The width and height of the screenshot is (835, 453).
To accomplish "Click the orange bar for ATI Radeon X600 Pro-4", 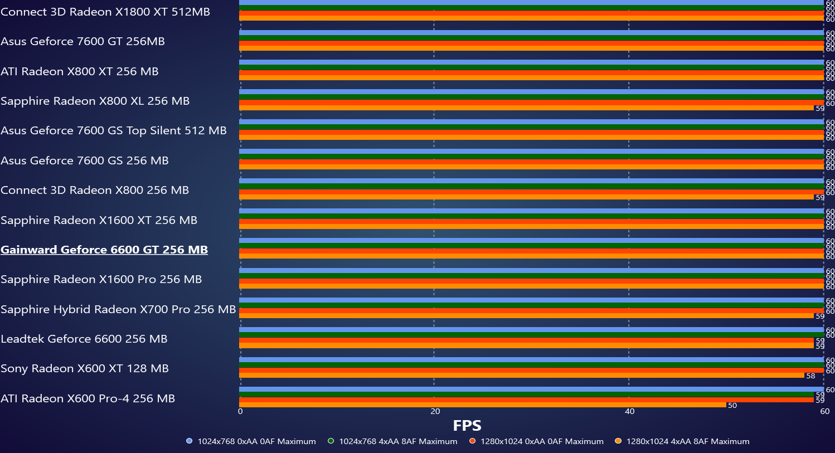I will tap(483, 405).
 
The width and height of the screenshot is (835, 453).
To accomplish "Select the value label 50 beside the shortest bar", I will tap(732, 406).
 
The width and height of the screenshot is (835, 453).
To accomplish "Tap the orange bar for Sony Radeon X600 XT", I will tap(522, 376).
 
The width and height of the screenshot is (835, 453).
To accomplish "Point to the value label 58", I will tap(810, 376).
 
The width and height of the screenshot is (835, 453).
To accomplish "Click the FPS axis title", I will tap(467, 426).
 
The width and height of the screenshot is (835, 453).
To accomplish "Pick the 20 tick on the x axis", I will tap(435, 412).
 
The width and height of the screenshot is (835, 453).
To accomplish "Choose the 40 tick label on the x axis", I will tap(629, 412).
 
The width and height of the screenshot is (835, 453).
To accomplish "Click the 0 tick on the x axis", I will tap(240, 412).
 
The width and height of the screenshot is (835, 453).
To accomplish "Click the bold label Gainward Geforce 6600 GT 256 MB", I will tap(104, 250).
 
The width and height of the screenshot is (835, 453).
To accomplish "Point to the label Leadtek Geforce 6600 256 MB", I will tap(84, 339).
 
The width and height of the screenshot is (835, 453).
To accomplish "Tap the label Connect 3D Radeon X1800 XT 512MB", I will tap(105, 12).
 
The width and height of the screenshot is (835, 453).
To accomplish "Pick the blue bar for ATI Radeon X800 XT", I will tap(531, 62).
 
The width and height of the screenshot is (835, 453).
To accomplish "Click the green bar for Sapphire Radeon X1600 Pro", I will tap(531, 276).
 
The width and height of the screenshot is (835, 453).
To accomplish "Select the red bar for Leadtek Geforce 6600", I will tap(526, 340).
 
